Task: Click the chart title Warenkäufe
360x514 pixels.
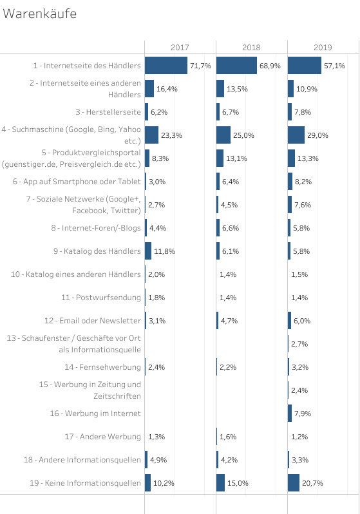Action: click(x=40, y=14)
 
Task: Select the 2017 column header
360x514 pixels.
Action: click(x=180, y=48)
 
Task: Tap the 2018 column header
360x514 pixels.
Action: click(x=251, y=48)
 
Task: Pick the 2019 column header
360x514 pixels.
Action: click(x=323, y=48)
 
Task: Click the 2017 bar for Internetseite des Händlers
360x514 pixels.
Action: click(x=166, y=66)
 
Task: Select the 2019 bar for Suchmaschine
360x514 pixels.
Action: click(x=296, y=135)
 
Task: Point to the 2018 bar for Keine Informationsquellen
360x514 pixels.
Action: click(x=221, y=483)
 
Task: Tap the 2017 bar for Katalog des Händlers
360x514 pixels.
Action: click(x=148, y=251)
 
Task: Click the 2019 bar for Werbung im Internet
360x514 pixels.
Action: click(x=290, y=414)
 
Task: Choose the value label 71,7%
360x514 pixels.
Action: click(x=201, y=66)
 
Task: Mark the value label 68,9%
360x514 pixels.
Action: click(x=270, y=66)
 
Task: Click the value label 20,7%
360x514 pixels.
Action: click(x=312, y=483)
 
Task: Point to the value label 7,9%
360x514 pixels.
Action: click(x=303, y=414)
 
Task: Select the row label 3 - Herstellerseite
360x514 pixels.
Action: click(x=108, y=112)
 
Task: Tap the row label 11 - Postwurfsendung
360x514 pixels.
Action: click(x=101, y=298)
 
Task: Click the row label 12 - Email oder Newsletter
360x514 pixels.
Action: click(x=93, y=321)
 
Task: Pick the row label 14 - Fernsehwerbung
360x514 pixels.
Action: click(x=102, y=367)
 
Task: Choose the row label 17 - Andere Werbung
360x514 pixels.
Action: click(x=102, y=437)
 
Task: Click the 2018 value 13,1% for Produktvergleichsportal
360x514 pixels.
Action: click(x=237, y=158)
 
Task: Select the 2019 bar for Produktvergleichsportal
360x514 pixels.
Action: click(x=292, y=158)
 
